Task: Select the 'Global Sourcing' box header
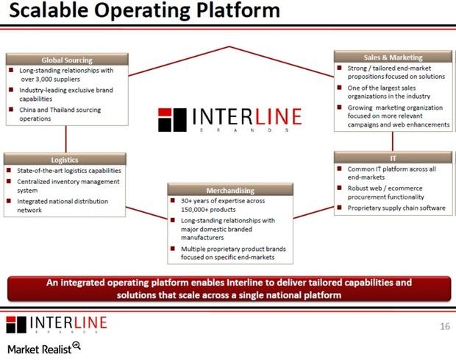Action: coord(67,60)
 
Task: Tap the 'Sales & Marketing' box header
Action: coord(393,57)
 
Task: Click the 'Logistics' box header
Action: coord(65,159)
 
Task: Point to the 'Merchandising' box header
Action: coord(231,190)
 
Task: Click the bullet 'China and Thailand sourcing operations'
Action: coord(59,114)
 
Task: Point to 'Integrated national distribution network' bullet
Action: coord(63,205)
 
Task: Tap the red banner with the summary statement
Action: coord(228,289)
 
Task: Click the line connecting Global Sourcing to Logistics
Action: coord(66,139)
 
